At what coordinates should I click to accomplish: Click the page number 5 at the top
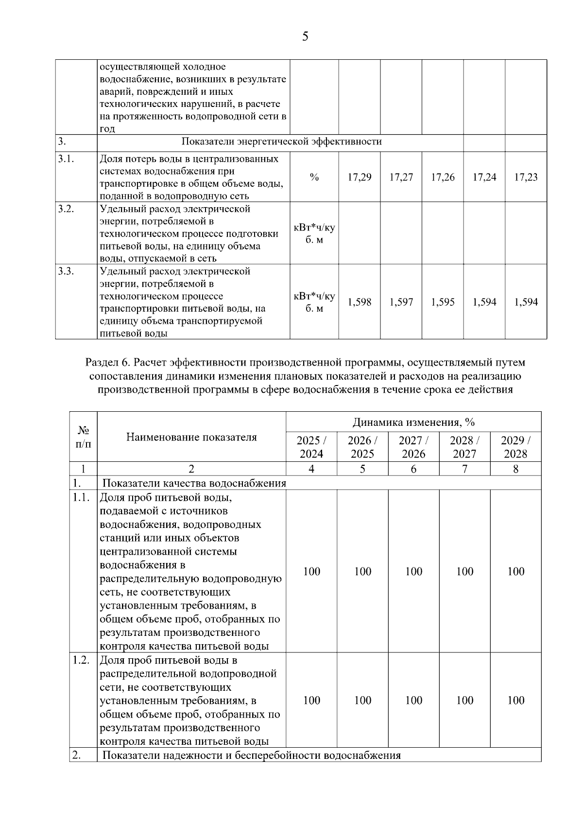coord(305,36)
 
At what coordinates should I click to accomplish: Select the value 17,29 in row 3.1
coord(360,177)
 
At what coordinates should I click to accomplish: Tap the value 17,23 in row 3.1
coord(526,177)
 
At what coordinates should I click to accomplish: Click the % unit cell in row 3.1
coord(314,177)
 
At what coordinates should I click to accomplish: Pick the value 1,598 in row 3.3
coord(360,302)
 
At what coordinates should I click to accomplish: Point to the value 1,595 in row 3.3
coord(443,302)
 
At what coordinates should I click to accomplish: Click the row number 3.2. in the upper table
coord(66,210)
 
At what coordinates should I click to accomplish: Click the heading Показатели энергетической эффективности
coord(281,142)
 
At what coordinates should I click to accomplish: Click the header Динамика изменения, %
coord(413,421)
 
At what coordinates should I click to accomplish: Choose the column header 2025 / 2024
coord(311,447)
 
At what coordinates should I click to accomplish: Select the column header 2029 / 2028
coord(515,447)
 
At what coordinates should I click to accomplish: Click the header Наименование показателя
coord(191,437)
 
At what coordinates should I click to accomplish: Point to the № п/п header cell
coord(83,437)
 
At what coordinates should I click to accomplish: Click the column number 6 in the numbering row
coord(413,469)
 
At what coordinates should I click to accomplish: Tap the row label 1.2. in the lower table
coord(81,660)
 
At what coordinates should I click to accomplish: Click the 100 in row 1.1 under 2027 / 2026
coord(413,572)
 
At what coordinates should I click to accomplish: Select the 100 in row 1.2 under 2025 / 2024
coord(311,701)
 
